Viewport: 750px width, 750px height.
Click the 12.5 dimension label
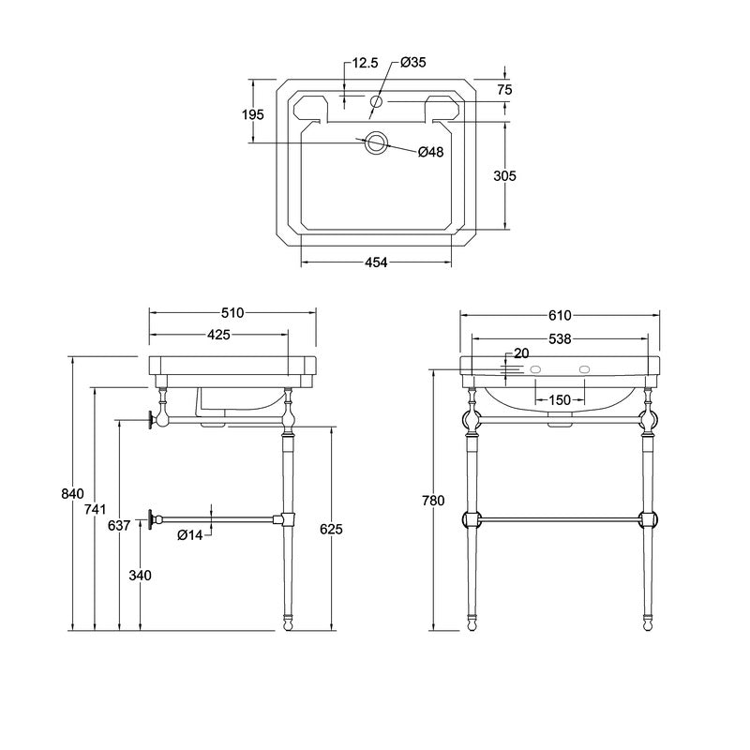tap(365, 63)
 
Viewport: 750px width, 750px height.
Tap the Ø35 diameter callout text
tap(413, 62)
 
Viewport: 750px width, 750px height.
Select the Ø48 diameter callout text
tap(430, 152)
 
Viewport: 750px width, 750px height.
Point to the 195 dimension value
tap(253, 114)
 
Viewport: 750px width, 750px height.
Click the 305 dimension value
tap(505, 176)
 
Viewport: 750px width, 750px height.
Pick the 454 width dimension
tap(376, 262)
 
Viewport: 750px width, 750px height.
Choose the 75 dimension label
tap(504, 89)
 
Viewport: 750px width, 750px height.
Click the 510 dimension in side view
tap(232, 313)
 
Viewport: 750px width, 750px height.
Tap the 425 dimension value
tap(218, 335)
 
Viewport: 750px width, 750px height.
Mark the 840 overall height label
tap(73, 494)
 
